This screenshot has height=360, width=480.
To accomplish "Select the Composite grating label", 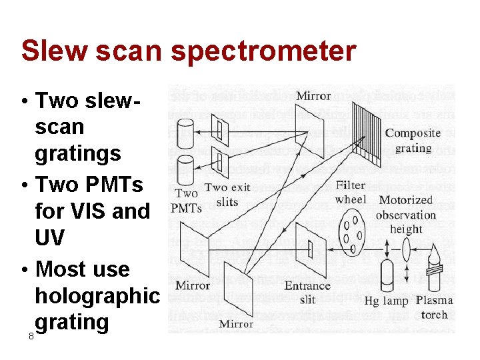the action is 413,141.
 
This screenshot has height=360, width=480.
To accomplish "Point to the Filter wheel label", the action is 351,192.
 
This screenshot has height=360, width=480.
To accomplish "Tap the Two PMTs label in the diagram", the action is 186,201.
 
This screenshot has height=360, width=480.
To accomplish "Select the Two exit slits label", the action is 227,194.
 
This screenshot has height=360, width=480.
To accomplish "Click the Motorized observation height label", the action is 406,215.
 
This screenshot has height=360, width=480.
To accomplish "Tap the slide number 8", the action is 31,337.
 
